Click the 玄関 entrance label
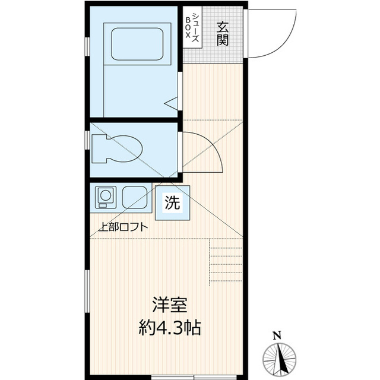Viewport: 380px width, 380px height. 223,33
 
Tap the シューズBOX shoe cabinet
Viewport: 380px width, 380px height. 191,27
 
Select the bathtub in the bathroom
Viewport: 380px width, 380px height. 137,43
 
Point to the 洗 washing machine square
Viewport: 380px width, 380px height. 173,202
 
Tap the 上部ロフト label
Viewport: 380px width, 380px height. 123,226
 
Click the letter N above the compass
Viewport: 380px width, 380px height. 277,335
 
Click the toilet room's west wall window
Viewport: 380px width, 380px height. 88,140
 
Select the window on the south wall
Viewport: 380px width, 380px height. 178,376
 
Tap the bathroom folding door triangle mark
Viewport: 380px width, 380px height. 172,104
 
